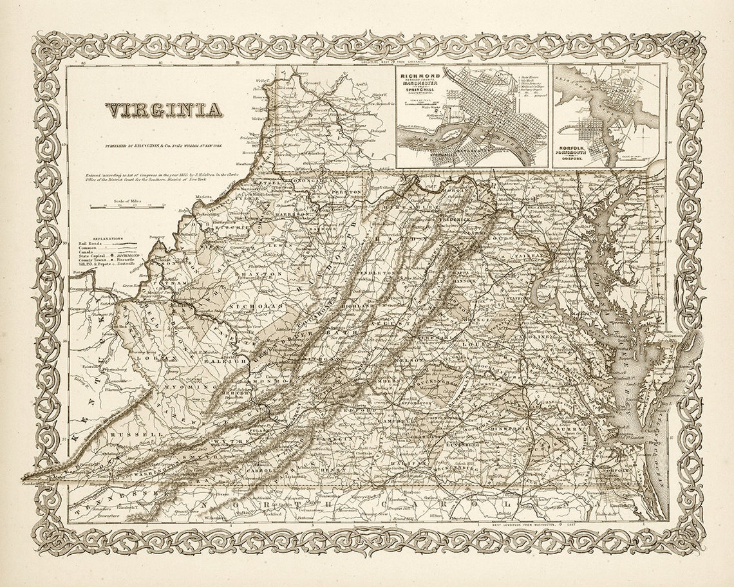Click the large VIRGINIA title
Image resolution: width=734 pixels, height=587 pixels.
coord(164,111)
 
